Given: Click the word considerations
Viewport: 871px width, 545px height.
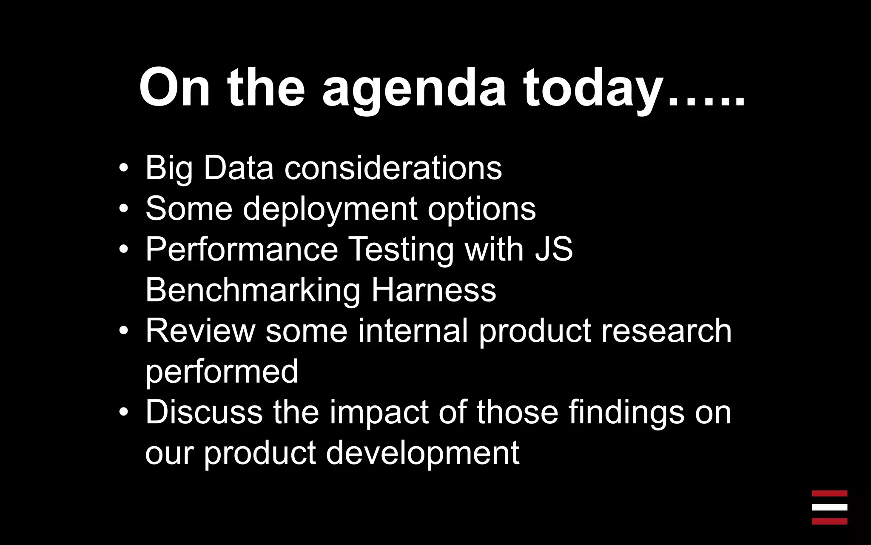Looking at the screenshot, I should (x=393, y=168).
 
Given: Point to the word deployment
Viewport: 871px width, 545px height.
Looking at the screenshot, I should (x=330, y=209).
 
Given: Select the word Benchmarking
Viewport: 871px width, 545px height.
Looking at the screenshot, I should (x=253, y=290).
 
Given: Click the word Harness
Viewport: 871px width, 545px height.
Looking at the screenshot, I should (x=434, y=290).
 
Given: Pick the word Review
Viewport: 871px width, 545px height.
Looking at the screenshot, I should (x=200, y=331).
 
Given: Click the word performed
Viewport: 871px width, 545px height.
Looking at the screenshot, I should (x=222, y=371).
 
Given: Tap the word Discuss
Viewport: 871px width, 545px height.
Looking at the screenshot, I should (x=204, y=412).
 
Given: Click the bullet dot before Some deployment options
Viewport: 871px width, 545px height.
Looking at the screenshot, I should (x=123, y=209).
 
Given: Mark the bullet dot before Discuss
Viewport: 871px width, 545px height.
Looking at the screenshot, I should (x=123, y=413).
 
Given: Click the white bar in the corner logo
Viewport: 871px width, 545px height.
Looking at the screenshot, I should (x=829, y=507).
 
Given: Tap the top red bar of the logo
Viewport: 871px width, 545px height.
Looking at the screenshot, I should (x=829, y=493).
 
